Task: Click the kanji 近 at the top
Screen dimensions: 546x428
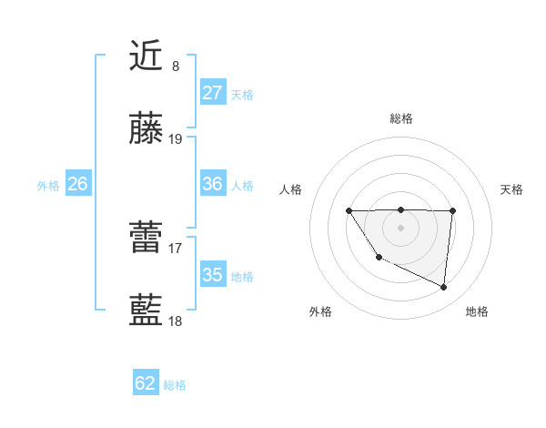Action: pyautogui.click(x=147, y=56)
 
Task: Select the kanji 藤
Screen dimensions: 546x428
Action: pyautogui.click(x=147, y=129)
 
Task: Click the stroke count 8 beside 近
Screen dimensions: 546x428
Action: pyautogui.click(x=176, y=66)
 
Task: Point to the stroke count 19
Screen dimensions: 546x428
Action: pyautogui.click(x=176, y=139)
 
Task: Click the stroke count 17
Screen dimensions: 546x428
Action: pyautogui.click(x=176, y=247)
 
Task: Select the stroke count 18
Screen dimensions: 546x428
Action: pyautogui.click(x=176, y=321)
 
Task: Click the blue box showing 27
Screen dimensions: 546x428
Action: pyautogui.click(x=213, y=93)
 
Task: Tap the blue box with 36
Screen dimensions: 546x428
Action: pyautogui.click(x=213, y=184)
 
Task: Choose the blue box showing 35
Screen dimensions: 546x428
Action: pyautogui.click(x=213, y=275)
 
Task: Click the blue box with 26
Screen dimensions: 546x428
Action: pyautogui.click(x=77, y=184)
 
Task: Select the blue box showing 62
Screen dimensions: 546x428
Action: pyautogui.click(x=146, y=383)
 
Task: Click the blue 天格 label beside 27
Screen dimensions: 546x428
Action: pyautogui.click(x=242, y=95)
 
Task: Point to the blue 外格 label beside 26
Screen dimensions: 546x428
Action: pyautogui.click(x=48, y=186)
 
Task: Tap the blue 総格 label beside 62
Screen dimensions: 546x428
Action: pyautogui.click(x=175, y=385)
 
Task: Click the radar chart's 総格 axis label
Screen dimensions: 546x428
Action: pyautogui.click(x=401, y=118)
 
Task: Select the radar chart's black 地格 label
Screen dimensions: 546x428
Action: pyautogui.click(x=477, y=311)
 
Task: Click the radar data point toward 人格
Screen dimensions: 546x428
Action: pyautogui.click(x=349, y=211)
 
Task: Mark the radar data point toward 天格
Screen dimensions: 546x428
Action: pyautogui.click(x=452, y=211)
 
